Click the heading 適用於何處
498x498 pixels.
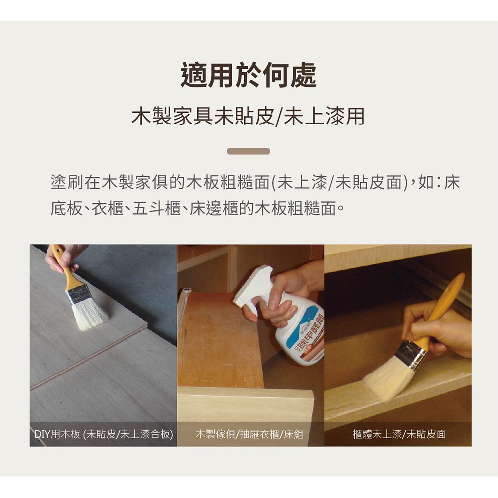(x=249, y=75)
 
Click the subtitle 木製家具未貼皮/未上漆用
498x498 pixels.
(x=248, y=116)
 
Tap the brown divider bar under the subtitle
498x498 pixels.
(x=249, y=151)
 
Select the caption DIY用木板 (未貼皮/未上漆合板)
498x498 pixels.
(x=104, y=434)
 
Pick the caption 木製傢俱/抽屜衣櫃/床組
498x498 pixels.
(x=249, y=434)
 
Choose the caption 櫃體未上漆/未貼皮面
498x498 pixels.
(x=399, y=434)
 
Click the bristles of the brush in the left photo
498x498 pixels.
(x=89, y=314)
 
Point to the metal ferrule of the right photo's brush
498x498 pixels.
(x=412, y=355)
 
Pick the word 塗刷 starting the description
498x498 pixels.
(x=67, y=183)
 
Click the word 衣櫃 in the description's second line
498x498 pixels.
(x=108, y=209)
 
